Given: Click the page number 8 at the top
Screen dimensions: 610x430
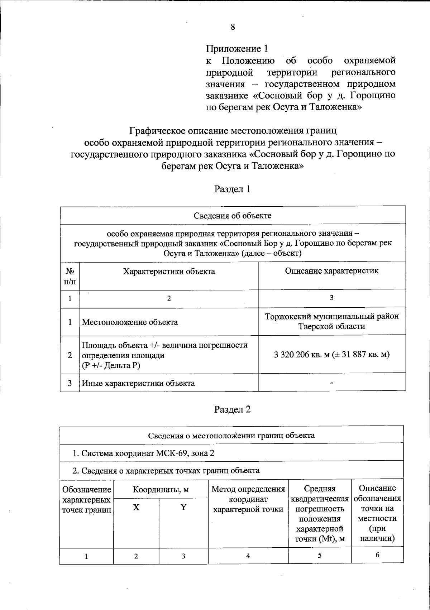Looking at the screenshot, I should (x=233, y=27).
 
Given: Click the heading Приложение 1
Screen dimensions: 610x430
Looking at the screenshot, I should (x=237, y=49).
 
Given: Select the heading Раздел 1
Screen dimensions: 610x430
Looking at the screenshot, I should (x=232, y=189).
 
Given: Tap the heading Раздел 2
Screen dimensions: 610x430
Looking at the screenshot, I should (x=232, y=409).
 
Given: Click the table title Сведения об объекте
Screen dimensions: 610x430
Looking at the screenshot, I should (x=233, y=216).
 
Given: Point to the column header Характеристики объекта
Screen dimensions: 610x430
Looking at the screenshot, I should (x=169, y=272).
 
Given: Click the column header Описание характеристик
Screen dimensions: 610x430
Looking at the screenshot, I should (x=331, y=271).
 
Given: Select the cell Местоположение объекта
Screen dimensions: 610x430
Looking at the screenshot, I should (x=130, y=322).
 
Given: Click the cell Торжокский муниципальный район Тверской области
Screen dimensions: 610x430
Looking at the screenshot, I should (x=331, y=321).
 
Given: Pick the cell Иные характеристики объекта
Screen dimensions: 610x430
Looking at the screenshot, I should (x=139, y=383).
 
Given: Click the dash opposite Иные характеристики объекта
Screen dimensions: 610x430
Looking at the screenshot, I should (x=332, y=383).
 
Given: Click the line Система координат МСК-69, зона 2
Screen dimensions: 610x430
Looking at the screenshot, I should (x=143, y=453).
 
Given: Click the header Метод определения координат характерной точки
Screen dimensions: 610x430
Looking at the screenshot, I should (x=248, y=499).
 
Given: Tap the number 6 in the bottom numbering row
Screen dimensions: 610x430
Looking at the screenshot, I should (x=377, y=555).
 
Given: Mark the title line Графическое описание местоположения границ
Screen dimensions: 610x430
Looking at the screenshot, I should (x=233, y=131).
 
